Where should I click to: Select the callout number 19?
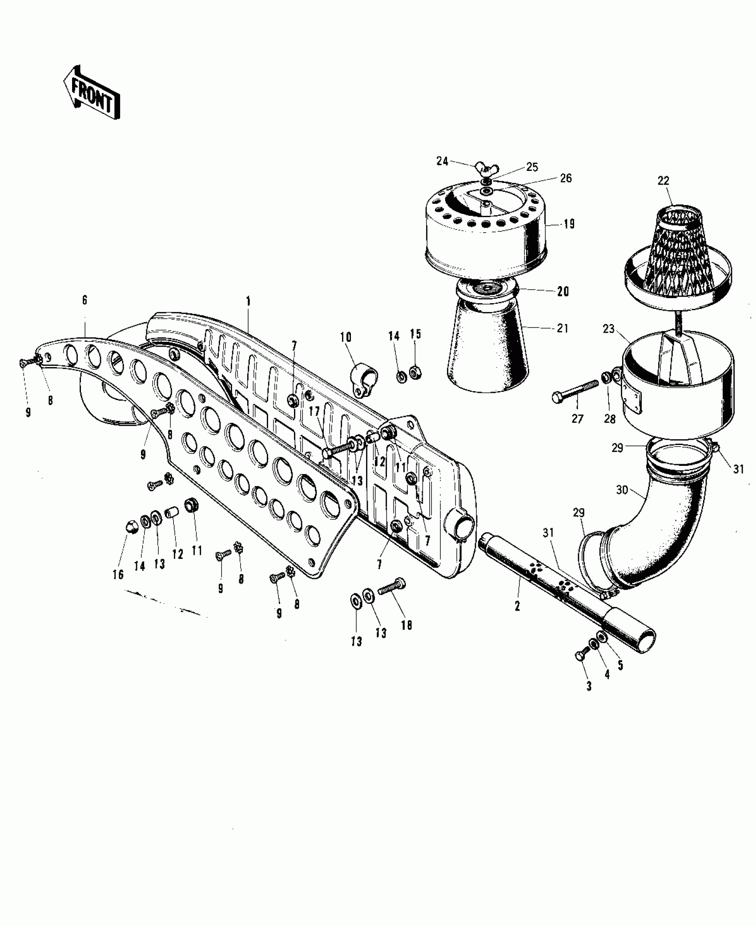tap(569, 224)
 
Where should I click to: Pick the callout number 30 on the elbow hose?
tap(622, 490)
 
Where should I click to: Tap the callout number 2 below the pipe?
tap(517, 606)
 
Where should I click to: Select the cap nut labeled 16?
tap(130, 527)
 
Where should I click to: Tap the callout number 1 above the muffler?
tap(248, 301)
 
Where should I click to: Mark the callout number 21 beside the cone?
tap(562, 328)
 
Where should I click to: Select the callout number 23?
tap(608, 329)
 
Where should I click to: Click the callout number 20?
tap(563, 291)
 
